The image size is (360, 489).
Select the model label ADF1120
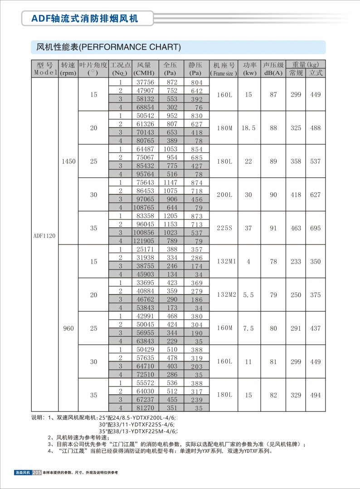tap(44, 235)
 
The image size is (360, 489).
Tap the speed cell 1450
tap(68, 161)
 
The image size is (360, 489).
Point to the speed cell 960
tap(68, 328)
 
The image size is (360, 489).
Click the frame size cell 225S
tap(224, 228)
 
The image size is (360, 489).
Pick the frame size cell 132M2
tap(227, 295)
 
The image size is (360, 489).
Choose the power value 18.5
tap(248, 128)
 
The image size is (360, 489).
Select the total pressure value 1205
tap(170, 215)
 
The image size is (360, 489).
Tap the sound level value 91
tap(273, 228)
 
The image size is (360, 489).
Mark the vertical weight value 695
tap(316, 228)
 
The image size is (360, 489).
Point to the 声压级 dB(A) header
tap(273, 68)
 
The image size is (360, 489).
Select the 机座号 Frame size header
tap(224, 68)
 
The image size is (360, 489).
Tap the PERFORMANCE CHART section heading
tap(108, 47)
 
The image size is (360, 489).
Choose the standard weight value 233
tap(296, 262)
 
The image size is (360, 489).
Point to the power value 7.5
tap(248, 328)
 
